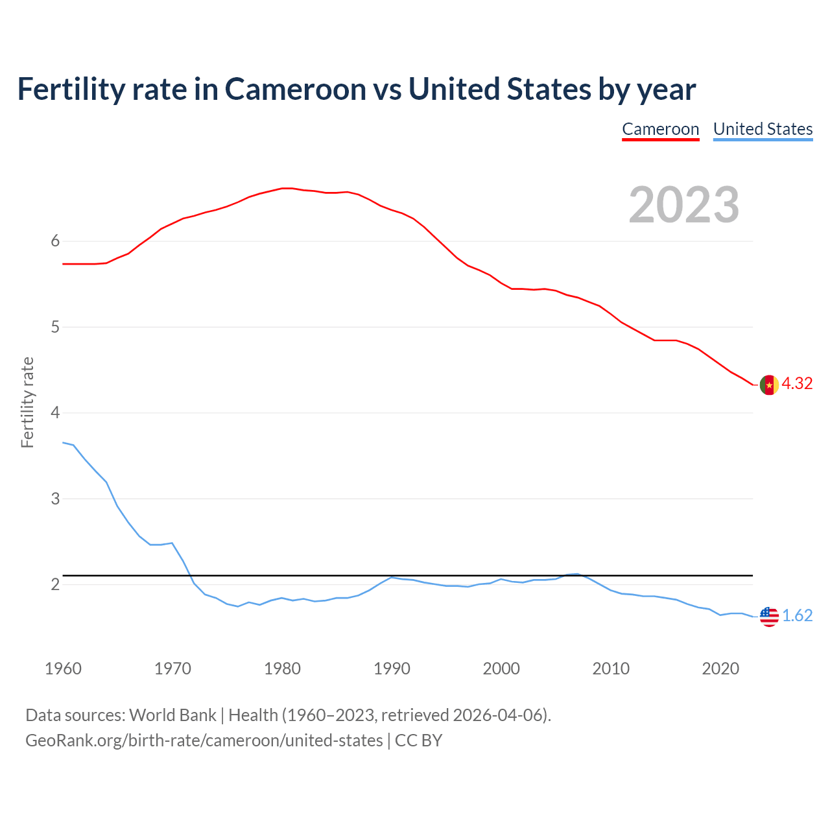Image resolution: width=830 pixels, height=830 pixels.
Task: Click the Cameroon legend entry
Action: click(x=660, y=129)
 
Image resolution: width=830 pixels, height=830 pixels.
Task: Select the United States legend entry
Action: click(x=763, y=129)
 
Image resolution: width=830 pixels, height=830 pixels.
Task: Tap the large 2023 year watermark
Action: click(x=684, y=205)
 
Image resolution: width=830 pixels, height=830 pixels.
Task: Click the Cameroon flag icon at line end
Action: click(x=768, y=385)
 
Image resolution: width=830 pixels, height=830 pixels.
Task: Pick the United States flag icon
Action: click(x=769, y=616)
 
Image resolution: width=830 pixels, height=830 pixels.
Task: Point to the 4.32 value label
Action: click(x=797, y=384)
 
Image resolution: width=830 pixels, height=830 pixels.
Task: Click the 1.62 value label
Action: click(x=797, y=616)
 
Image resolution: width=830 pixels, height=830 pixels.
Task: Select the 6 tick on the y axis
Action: click(x=55, y=241)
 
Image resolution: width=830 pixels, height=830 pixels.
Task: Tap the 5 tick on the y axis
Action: click(x=55, y=327)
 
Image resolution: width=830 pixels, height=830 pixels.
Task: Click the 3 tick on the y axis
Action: click(x=55, y=499)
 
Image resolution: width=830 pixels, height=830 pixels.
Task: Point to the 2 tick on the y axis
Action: click(x=55, y=585)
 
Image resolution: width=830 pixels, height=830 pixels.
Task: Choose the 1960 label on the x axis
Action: click(x=63, y=669)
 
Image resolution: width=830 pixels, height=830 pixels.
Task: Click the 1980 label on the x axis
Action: click(x=282, y=669)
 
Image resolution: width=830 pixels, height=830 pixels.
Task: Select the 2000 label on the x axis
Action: click(x=501, y=669)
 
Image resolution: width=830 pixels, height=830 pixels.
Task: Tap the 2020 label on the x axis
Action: click(x=720, y=669)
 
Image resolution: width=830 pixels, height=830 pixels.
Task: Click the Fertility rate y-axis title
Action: click(x=27, y=402)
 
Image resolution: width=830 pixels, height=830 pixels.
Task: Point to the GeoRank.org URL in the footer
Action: click(x=204, y=741)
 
